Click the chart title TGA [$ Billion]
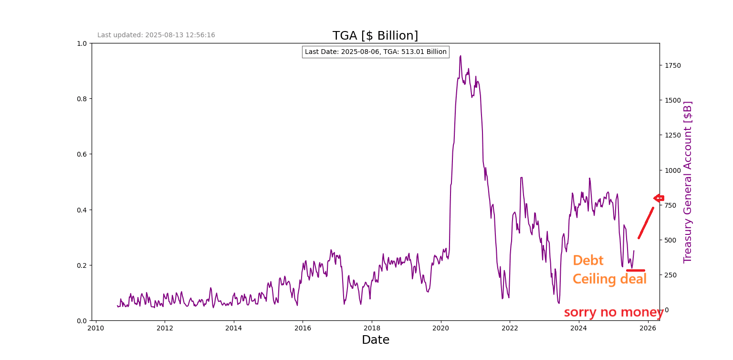click(375, 36)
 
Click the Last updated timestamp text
click(156, 35)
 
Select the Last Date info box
click(376, 52)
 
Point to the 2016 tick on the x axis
click(303, 328)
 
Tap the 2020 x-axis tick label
click(440, 328)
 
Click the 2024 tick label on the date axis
click(578, 328)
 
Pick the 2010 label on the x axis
click(95, 328)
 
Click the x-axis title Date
click(375, 340)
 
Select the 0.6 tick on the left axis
click(82, 154)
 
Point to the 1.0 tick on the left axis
click(82, 43)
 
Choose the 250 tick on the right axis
click(670, 275)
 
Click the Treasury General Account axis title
click(688, 182)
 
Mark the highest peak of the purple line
click(460, 56)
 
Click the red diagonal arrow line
click(646, 222)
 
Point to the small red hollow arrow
click(659, 198)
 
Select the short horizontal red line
click(636, 271)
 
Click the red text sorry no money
click(614, 313)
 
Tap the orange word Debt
click(588, 261)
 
